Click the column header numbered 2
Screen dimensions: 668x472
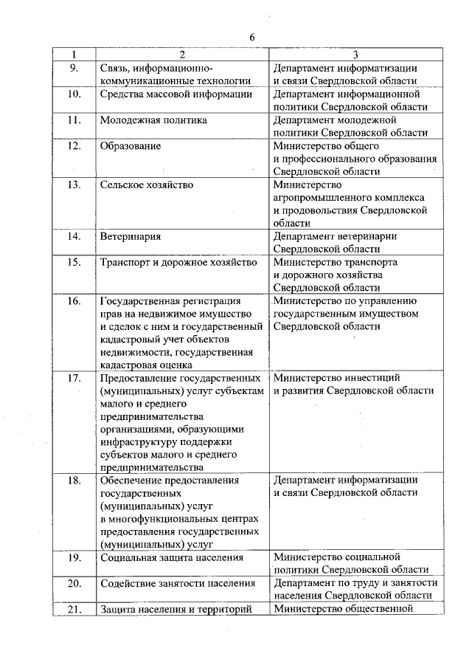pos(181,54)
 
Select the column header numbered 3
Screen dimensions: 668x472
pos(355,54)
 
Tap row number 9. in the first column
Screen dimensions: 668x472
pos(74,68)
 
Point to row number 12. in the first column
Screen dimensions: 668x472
pos(74,145)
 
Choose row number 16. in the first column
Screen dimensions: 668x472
pos(74,300)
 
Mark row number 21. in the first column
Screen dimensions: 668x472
pos(74,608)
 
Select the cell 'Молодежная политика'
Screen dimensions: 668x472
pos(153,120)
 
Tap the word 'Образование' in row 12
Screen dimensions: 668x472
pos(131,145)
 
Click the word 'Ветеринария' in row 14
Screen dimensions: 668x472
pos(131,236)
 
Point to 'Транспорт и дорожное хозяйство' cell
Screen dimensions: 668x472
pos(178,262)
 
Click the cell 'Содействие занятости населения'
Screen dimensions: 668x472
pos(177,582)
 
